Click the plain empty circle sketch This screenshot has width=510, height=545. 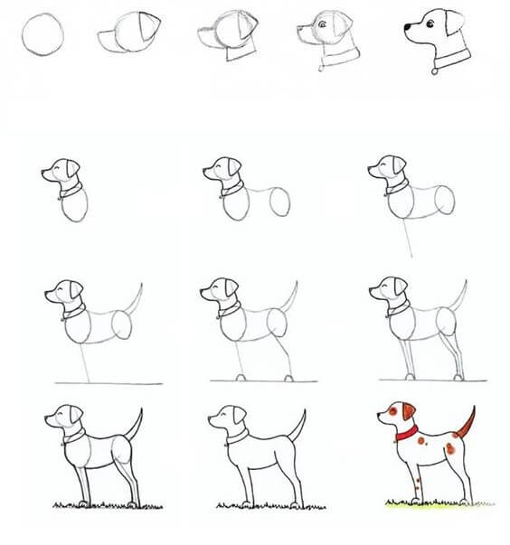(x=44, y=37)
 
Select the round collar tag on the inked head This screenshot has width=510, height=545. (x=437, y=69)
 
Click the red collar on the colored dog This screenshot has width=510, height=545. (x=406, y=437)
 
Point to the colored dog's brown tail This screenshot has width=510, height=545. (x=467, y=423)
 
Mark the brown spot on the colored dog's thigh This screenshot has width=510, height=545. (x=449, y=449)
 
